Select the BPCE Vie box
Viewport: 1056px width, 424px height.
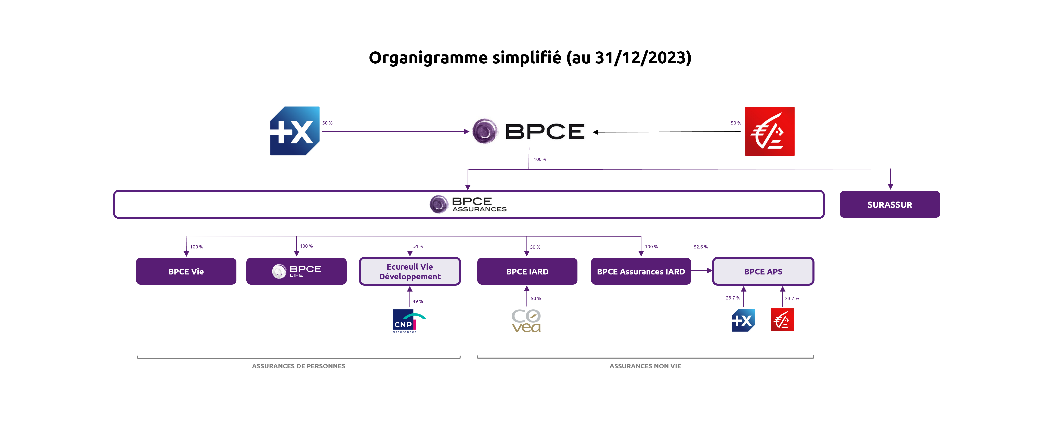(186, 271)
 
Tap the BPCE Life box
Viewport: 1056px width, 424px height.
(296, 271)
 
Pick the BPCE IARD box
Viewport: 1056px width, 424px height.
(527, 271)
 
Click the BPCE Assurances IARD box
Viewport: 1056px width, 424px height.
(641, 271)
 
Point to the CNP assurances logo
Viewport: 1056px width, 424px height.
(408, 321)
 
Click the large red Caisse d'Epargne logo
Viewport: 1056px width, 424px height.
(769, 131)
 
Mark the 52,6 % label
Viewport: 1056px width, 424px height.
(701, 247)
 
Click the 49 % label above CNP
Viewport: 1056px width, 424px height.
(418, 301)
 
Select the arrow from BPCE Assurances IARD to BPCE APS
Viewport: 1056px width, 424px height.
(702, 271)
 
